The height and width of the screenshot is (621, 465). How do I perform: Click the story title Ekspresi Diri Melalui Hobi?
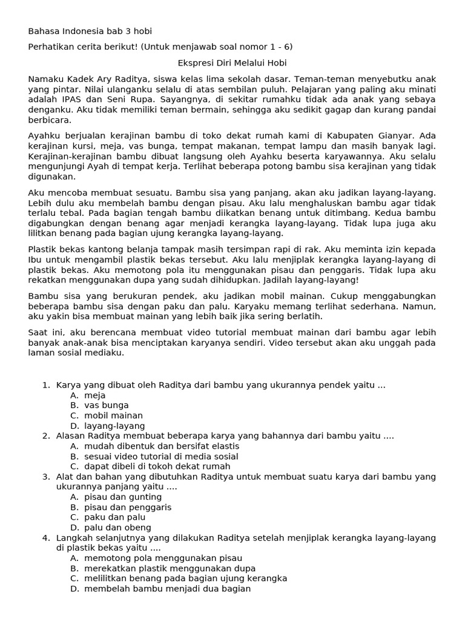(x=232, y=63)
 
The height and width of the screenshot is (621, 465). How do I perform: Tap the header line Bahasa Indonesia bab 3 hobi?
(x=94, y=32)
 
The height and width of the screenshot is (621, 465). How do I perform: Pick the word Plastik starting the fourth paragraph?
(x=43, y=249)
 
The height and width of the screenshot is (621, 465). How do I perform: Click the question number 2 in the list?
(x=46, y=436)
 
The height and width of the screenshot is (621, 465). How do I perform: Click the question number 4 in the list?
(x=46, y=538)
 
